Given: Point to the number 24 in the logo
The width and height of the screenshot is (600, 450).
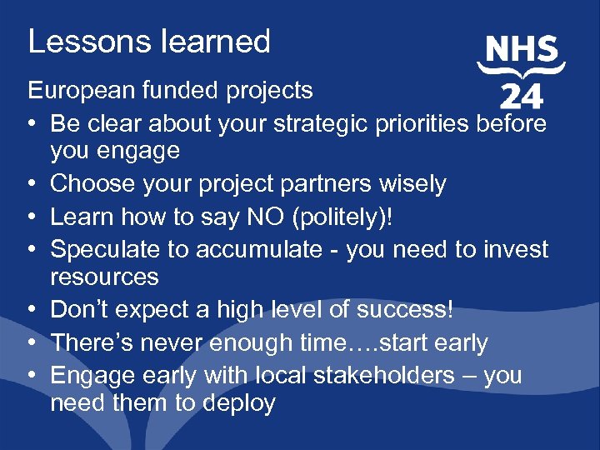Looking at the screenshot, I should point(521,97).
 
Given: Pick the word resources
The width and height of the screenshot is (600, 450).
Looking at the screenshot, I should point(104,276).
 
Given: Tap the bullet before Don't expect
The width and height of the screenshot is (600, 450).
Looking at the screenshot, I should point(32,310).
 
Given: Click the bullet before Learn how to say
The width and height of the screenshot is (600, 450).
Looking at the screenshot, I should point(32,217).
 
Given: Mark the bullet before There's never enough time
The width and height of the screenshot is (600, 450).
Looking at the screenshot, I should point(32,343).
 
